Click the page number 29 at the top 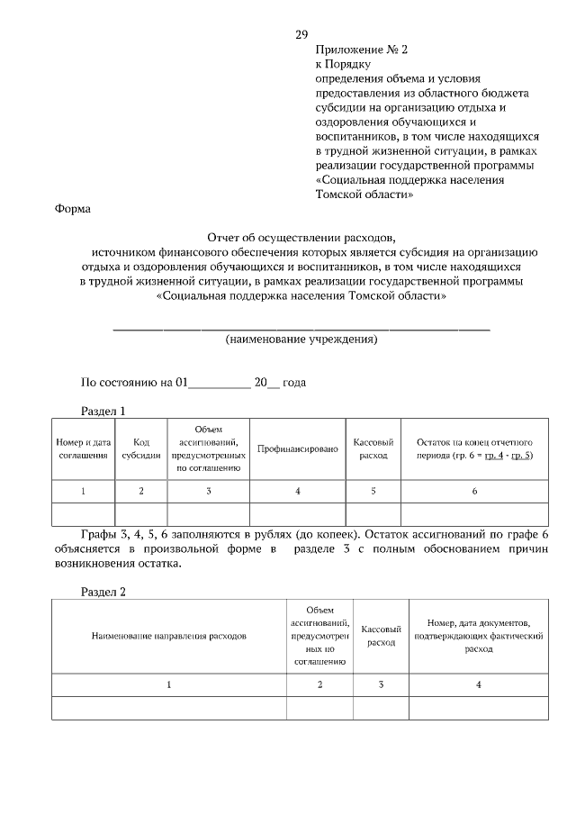click(x=301, y=34)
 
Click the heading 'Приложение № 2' click(x=355, y=50)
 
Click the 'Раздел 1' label click(x=103, y=411)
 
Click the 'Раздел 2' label click(x=103, y=592)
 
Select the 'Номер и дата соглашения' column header click(x=84, y=448)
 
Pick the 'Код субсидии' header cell click(x=141, y=448)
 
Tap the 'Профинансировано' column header click(x=297, y=448)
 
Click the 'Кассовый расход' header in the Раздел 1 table click(x=373, y=448)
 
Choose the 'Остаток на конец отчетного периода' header click(x=474, y=448)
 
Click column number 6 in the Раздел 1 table click(x=474, y=491)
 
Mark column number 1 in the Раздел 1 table click(x=84, y=491)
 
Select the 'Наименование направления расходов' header click(x=169, y=636)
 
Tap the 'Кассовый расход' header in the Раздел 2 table click(x=382, y=636)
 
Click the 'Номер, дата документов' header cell click(x=479, y=635)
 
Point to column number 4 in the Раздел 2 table click(x=479, y=685)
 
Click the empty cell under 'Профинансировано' click(x=297, y=513)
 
